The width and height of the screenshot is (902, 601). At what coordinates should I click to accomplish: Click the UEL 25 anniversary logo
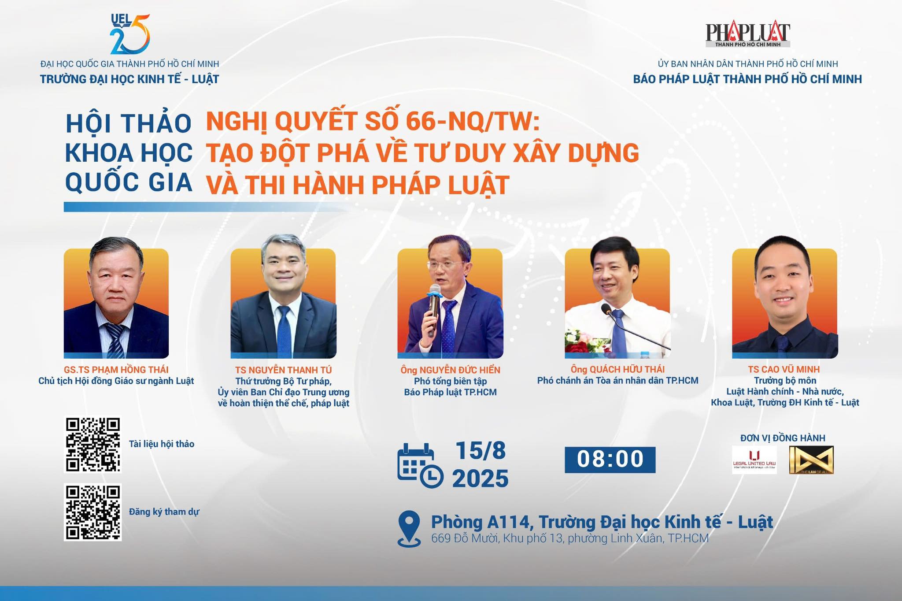tap(130, 34)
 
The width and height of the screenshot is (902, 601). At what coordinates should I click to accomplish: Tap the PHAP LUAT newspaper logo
tap(747, 35)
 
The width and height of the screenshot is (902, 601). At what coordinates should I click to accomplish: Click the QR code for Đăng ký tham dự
tap(93, 512)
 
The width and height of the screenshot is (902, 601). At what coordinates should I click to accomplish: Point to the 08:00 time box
tap(610, 460)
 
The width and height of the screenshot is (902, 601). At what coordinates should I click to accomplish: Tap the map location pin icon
tap(409, 529)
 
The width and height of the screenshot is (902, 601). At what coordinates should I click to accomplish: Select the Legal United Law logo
tap(754, 460)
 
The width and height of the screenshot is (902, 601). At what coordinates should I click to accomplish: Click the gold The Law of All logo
tap(811, 460)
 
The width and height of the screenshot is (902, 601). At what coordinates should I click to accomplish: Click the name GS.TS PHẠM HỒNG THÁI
tap(116, 370)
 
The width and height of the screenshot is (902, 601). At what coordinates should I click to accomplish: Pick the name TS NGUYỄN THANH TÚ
tap(284, 370)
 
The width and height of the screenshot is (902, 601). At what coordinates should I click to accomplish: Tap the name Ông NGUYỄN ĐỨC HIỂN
tap(451, 370)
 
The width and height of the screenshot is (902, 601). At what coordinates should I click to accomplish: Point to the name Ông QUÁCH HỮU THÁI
tap(617, 369)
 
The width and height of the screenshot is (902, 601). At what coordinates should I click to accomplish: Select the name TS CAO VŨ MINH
tap(784, 369)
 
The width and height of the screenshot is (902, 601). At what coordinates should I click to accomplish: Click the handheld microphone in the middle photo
tap(434, 310)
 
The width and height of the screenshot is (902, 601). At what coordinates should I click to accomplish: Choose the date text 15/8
tap(481, 451)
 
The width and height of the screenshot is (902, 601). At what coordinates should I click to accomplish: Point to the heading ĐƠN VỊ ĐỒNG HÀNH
tap(783, 438)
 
